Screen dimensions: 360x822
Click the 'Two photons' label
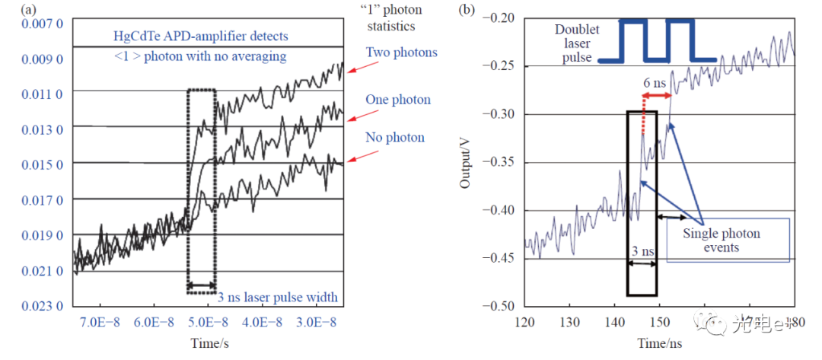click(401, 53)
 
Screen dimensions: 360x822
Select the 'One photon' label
click(397, 100)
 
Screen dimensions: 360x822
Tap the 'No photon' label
click(394, 138)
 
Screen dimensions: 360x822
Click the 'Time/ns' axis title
click(659, 345)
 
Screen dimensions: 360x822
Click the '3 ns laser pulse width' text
click(278, 297)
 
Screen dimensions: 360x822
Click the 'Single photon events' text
click(721, 241)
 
